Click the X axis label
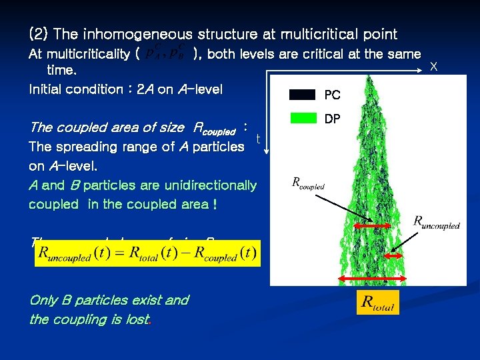coord(434,67)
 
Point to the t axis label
coord(258,139)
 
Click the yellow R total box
coord(377,303)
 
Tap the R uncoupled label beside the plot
coord(436,221)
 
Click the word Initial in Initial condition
coord(47,89)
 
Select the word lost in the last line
coord(137,319)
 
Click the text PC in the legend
coord(332,95)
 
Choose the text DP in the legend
coord(332,118)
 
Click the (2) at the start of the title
coord(38,34)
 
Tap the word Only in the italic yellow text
coord(43,300)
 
